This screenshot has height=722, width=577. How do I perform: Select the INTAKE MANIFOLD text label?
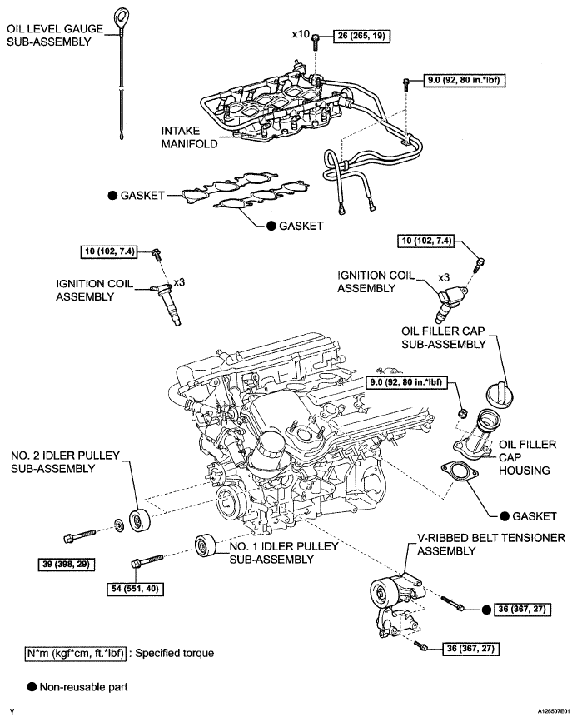tap(189, 137)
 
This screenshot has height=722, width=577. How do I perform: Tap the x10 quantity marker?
tap(301, 34)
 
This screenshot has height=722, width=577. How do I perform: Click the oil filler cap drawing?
tap(500, 396)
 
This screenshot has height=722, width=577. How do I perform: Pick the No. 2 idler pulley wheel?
tap(139, 520)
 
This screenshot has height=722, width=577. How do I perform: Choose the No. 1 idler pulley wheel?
tap(206, 545)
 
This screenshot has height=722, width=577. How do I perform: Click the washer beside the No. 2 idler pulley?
tap(118, 525)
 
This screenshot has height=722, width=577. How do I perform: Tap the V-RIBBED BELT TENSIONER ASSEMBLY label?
tap(491, 545)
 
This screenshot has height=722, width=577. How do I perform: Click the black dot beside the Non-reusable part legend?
tap(32, 686)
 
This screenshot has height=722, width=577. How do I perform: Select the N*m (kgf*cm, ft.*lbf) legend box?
tap(75, 653)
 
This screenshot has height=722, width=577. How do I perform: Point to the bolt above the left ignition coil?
tap(157, 254)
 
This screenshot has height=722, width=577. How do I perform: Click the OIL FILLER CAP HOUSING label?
tap(527, 457)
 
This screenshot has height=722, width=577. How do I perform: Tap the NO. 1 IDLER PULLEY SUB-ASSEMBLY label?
tap(284, 553)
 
